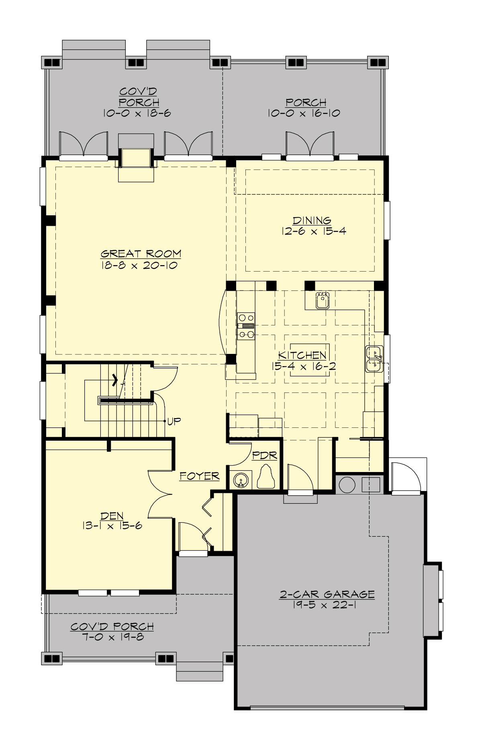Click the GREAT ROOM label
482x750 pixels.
point(141,254)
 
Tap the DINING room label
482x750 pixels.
point(312,220)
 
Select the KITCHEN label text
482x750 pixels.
point(302,355)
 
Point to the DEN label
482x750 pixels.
point(112,516)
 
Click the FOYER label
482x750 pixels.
point(199,476)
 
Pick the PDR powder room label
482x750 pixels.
point(265,456)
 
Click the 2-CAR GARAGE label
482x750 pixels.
point(327,594)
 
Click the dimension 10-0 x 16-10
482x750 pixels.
point(304,113)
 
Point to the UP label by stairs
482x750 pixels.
point(174,421)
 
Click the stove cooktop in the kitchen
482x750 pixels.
point(246,325)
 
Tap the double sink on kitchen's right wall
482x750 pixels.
point(374,359)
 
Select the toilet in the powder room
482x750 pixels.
point(266,478)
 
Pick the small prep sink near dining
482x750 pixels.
point(323,300)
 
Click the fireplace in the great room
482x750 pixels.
point(136,158)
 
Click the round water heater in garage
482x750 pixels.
point(347,485)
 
